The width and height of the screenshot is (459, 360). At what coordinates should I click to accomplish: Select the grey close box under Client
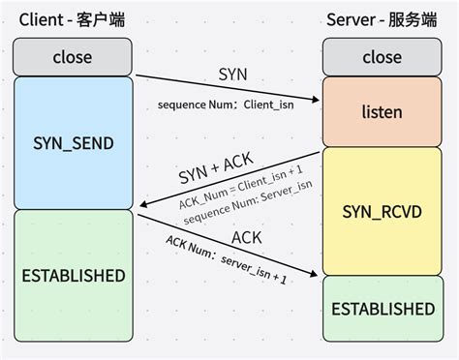click(x=73, y=57)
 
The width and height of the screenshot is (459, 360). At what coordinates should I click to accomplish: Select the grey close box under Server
click(x=382, y=57)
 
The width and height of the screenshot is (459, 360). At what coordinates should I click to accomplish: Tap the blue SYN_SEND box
click(x=73, y=143)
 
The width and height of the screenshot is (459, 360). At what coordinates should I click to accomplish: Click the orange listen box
click(x=382, y=112)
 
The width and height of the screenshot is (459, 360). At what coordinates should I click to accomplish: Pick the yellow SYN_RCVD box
click(x=382, y=210)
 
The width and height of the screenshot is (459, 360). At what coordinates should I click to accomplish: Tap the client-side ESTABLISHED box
click(x=73, y=275)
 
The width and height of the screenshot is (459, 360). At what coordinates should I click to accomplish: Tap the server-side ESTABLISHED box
click(x=382, y=309)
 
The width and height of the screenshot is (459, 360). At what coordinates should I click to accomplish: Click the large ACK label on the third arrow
click(x=247, y=237)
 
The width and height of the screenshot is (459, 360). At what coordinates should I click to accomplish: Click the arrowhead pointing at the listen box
click(x=316, y=100)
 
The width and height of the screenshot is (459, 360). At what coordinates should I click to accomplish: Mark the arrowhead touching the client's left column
click(x=142, y=205)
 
